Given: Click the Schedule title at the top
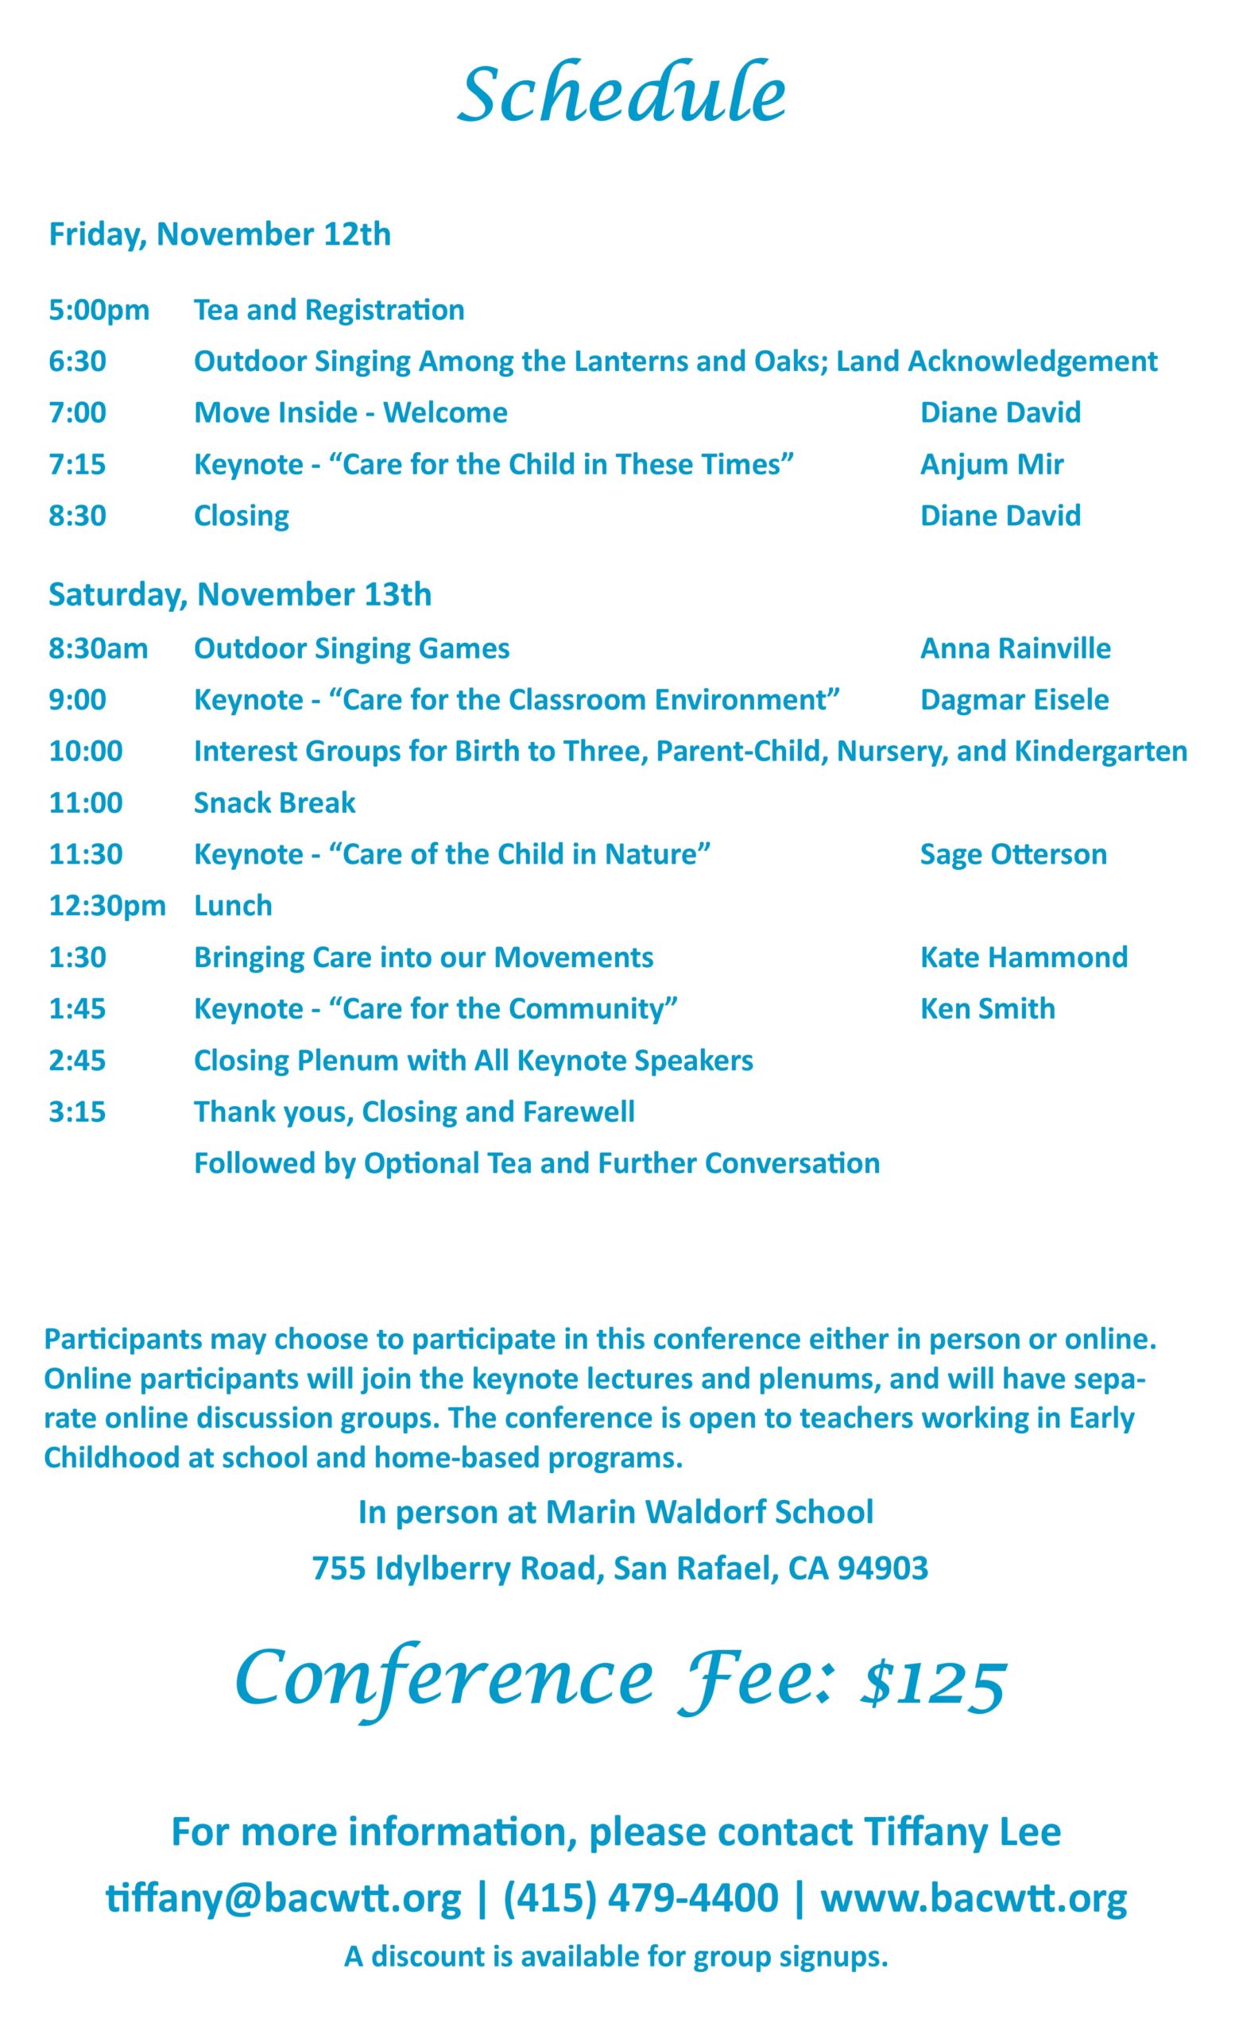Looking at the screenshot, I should tap(621, 94).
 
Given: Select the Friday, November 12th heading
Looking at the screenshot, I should tap(219, 234).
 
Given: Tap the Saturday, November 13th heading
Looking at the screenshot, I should tap(239, 594).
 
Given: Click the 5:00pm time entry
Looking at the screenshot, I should tap(99, 311).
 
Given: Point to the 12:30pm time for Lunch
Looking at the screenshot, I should tap(107, 906).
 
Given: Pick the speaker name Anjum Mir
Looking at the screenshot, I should tap(992, 465).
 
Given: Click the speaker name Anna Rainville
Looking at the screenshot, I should tap(1016, 649).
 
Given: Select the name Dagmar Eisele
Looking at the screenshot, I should tap(1015, 700).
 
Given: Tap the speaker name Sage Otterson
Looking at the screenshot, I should tap(1013, 854).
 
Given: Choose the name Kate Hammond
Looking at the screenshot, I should tap(1024, 957).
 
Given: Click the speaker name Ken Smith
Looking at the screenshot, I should tap(987, 1009).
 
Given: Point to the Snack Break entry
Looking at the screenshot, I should tap(274, 803).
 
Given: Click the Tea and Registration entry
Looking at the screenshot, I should tap(328, 311).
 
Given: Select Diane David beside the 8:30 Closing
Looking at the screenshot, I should tap(1000, 516).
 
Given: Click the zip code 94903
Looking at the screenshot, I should tap(882, 1568).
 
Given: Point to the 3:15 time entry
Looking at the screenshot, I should tap(78, 1112).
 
